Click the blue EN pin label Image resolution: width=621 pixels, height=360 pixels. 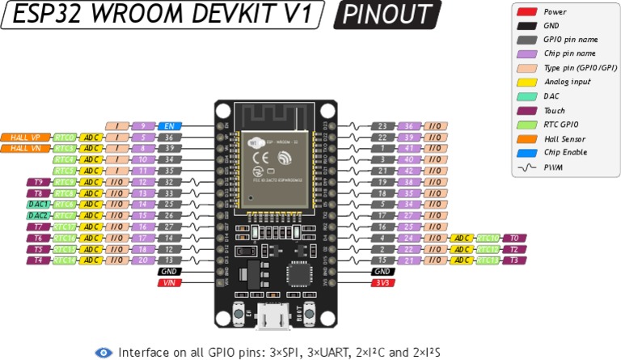[x=170, y=126]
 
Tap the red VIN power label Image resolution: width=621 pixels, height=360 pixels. [x=170, y=282]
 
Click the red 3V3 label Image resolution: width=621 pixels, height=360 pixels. [x=382, y=282]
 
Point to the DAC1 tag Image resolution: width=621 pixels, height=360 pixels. [x=39, y=205]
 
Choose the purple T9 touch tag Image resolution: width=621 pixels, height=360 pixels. [x=39, y=182]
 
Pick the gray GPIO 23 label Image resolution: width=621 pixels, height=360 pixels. [x=382, y=126]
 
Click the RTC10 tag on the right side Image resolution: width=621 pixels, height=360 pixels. [x=488, y=238]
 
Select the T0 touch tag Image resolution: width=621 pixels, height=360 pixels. [x=513, y=238]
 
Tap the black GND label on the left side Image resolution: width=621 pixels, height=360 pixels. [x=170, y=271]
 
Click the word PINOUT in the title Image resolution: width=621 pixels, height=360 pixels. [x=387, y=15]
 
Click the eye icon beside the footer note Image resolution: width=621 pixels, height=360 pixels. [x=103, y=352]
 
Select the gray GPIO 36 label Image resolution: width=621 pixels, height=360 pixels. [x=170, y=138]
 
